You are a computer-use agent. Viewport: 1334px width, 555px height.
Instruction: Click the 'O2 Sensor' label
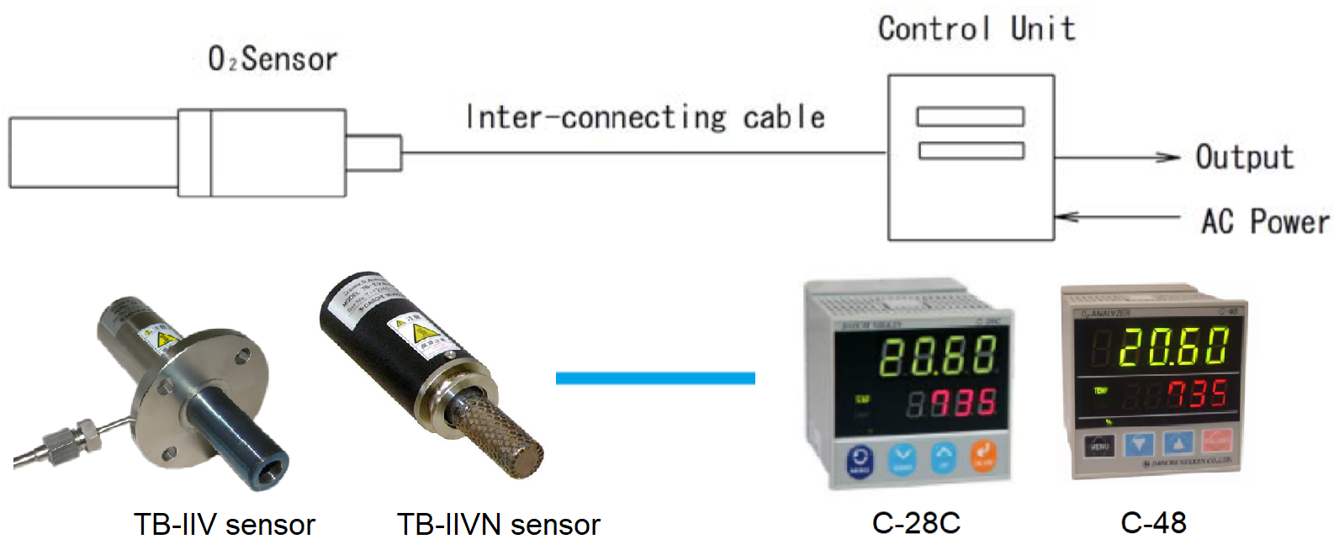[273, 59]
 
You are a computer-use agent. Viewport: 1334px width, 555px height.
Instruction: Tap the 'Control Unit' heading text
[976, 29]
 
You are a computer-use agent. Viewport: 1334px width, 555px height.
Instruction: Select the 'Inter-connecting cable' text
[645, 117]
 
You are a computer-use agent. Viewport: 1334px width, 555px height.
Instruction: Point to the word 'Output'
[1244, 157]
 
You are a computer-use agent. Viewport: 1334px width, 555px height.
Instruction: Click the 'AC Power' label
[1265, 221]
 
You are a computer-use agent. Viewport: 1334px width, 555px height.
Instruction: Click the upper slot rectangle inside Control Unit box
[970, 116]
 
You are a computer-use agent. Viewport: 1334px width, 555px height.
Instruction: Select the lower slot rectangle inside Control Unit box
[971, 151]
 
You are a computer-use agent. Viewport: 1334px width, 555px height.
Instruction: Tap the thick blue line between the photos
[655, 378]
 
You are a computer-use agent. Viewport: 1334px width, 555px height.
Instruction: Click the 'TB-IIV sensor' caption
[224, 525]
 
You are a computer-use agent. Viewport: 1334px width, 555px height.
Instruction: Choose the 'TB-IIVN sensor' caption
[498, 525]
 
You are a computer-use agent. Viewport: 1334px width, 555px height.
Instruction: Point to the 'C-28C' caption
[916, 523]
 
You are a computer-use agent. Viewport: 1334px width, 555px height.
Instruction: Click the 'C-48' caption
[1153, 523]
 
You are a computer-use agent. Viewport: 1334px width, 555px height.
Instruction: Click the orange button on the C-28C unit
[982, 457]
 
